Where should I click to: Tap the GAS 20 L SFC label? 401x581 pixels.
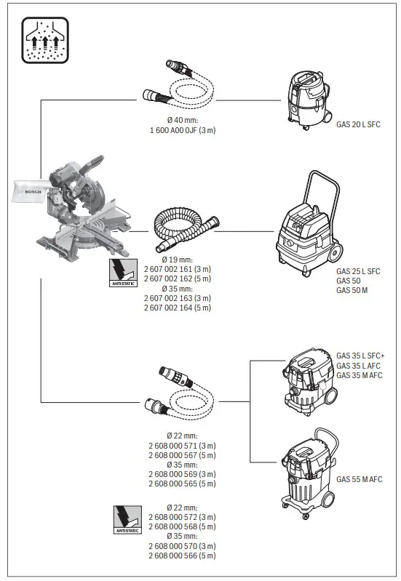[358, 124]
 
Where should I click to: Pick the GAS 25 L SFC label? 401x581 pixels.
[358, 271]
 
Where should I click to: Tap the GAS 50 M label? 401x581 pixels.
[352, 291]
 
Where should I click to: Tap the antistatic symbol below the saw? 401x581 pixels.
[122, 275]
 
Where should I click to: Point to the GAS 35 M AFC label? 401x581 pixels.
[358, 375]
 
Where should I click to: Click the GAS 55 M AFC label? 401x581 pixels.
[358, 479]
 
